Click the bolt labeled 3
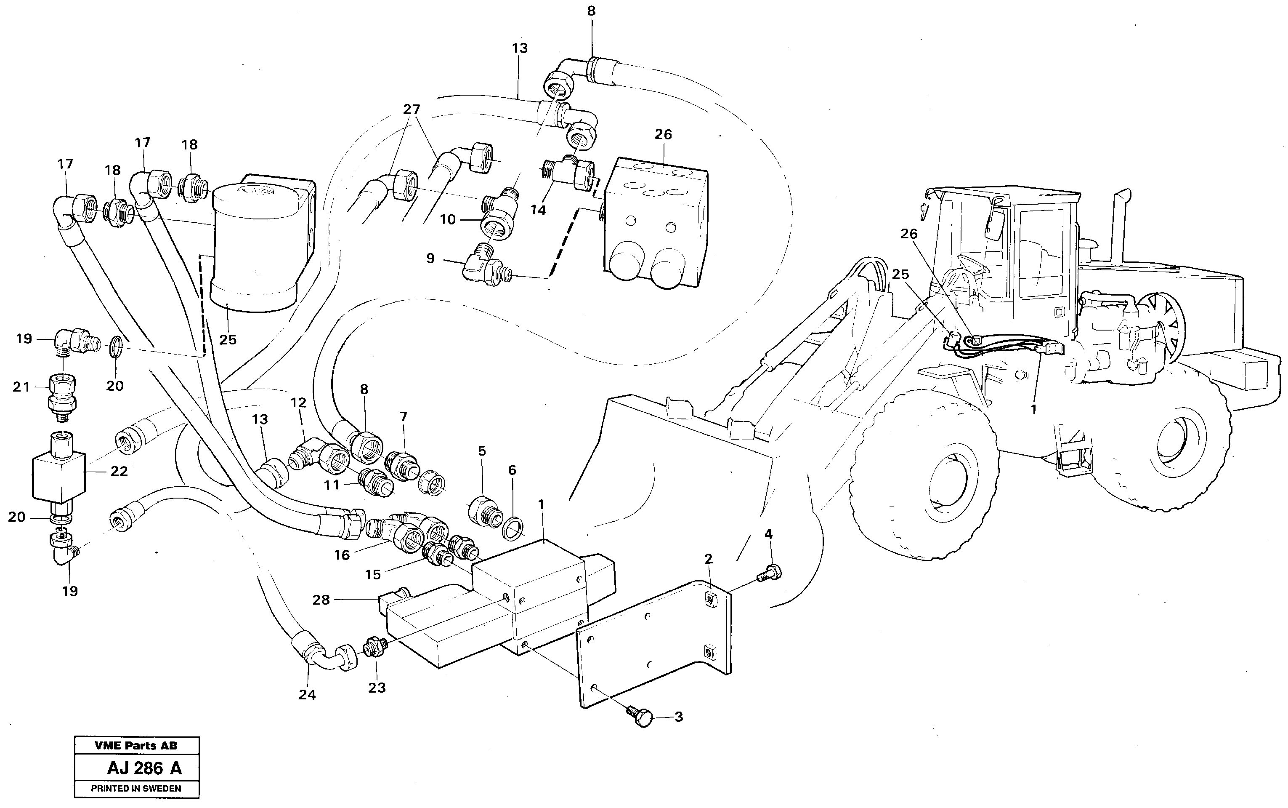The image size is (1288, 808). [x=643, y=716]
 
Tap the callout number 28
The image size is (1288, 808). [x=321, y=600]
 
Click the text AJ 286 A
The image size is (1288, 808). [x=144, y=768]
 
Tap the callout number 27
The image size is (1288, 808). [x=411, y=109]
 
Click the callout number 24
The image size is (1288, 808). [x=307, y=695]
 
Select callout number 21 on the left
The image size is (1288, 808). [x=21, y=387]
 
